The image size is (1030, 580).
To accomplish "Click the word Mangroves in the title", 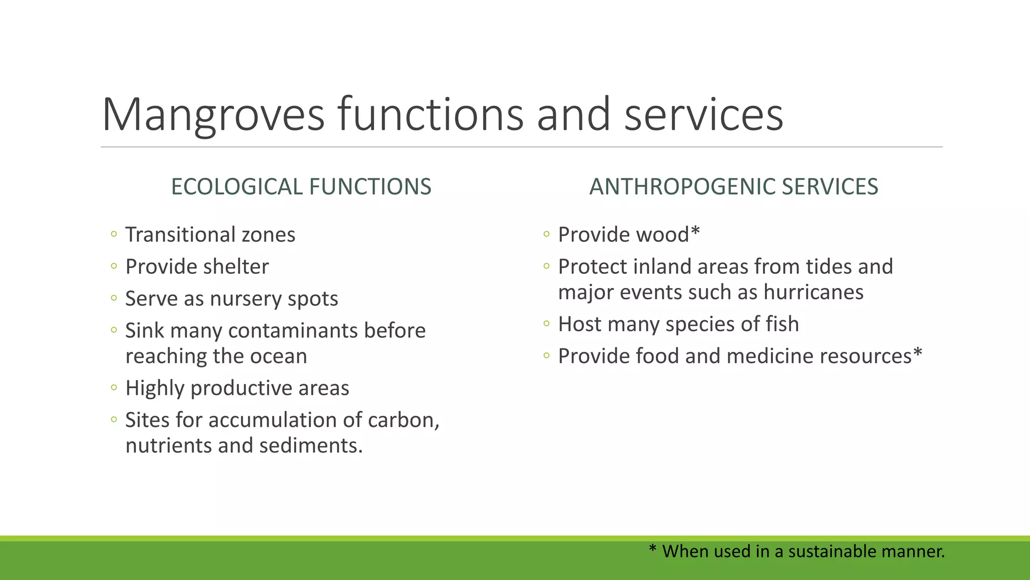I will point(213,115).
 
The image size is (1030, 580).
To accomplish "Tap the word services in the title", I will point(704,115).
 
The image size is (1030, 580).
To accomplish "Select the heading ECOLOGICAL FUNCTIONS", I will point(301,187).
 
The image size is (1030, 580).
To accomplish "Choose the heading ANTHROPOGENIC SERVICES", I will point(733,187).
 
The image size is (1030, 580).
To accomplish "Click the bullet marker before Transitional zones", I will point(114,234).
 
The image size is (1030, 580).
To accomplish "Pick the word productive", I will point(241,388).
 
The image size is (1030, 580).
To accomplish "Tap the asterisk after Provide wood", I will point(695,232).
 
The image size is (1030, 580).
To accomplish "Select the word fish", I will point(782,324).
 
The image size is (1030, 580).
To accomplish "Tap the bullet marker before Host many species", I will point(547,324).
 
